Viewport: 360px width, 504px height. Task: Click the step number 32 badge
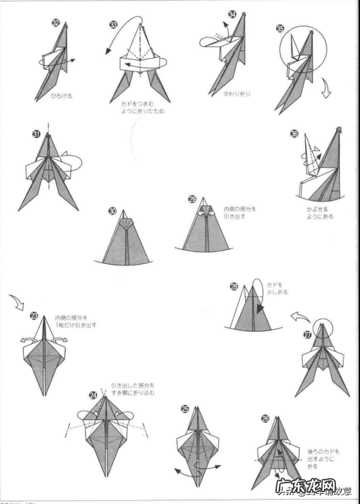pyautogui.click(x=56, y=23)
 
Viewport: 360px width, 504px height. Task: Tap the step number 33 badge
pyautogui.click(x=113, y=25)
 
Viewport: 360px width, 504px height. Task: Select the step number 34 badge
pyautogui.click(x=215, y=14)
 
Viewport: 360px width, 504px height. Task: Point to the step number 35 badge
pyautogui.click(x=280, y=28)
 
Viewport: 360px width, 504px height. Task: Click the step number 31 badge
pyautogui.click(x=36, y=134)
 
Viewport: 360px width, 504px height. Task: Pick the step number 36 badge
pyautogui.click(x=294, y=134)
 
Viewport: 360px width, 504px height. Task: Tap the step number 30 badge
pyautogui.click(x=112, y=211)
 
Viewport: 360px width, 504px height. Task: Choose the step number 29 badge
pyautogui.click(x=192, y=199)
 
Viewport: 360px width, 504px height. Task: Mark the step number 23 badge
pyautogui.click(x=34, y=316)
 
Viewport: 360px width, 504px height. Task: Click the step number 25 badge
pyautogui.click(x=185, y=409)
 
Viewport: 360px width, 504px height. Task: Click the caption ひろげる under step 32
pyautogui.click(x=61, y=96)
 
